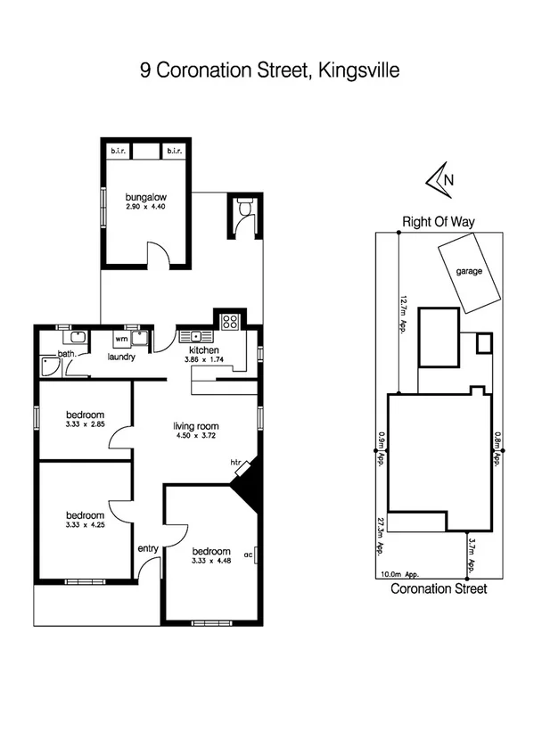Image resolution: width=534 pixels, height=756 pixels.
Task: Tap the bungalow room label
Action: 147,197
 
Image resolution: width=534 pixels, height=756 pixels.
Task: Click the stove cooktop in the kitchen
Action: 228,322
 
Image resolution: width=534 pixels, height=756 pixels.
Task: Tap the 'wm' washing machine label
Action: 120,339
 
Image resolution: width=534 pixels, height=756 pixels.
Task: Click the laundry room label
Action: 120,357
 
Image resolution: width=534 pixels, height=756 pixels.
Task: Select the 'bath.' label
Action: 65,354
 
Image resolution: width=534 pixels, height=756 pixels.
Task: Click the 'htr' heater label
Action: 236,462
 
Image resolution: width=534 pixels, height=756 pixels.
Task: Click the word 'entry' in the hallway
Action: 146,549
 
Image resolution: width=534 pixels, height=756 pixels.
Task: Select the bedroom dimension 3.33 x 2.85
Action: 86,425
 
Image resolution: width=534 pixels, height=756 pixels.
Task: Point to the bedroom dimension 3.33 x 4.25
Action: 86,525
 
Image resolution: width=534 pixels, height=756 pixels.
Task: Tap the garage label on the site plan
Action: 469,271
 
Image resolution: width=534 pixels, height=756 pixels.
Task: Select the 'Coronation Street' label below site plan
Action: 439,589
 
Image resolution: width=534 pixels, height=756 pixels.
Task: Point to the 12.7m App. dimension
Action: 404,315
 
